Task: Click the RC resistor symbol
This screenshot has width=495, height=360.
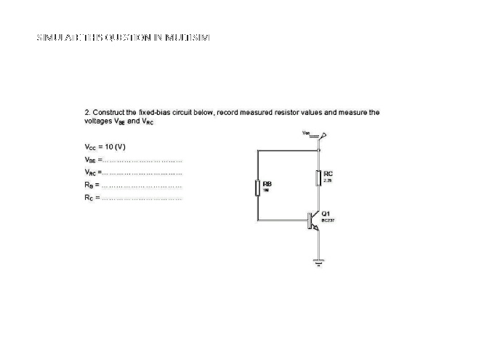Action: (318, 177)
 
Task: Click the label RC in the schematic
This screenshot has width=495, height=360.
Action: (329, 174)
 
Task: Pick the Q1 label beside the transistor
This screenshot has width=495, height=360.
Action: (326, 214)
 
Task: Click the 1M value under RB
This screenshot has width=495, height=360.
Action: (265, 191)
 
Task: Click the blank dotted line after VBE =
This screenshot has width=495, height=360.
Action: (142, 159)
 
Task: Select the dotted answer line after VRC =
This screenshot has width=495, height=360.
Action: (142, 172)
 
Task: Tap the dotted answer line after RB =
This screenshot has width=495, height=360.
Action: (141, 185)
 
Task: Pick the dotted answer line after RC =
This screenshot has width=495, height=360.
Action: (141, 199)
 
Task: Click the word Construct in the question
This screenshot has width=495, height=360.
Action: (109, 113)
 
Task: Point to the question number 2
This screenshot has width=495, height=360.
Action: (87, 113)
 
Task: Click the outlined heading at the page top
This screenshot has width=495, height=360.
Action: (123, 37)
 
